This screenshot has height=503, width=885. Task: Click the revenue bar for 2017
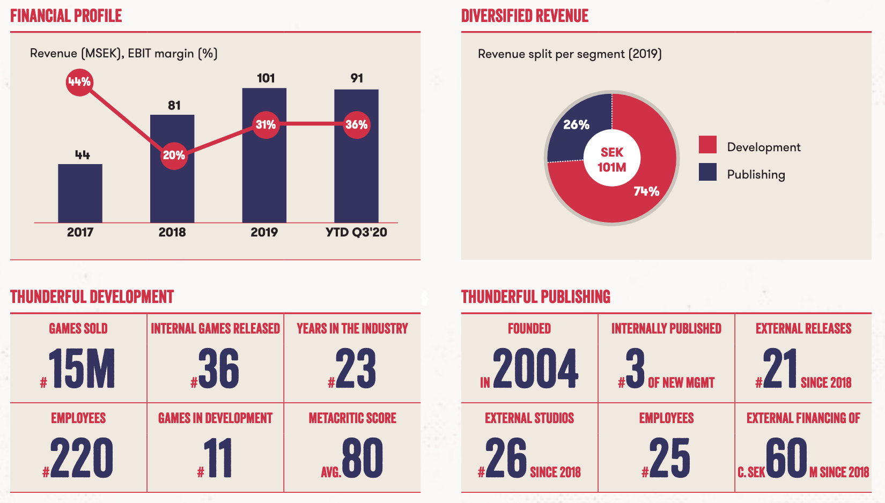(x=80, y=193)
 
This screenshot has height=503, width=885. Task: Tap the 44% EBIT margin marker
(x=79, y=82)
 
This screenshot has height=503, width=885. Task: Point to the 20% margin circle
(x=174, y=156)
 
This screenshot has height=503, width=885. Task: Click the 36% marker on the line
(x=357, y=125)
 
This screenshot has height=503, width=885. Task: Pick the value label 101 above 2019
(x=265, y=78)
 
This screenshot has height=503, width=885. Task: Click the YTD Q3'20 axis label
(x=356, y=232)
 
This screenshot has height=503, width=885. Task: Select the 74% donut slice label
(x=646, y=191)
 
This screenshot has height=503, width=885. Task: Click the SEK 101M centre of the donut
(x=612, y=159)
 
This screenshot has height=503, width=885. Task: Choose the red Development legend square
(x=707, y=145)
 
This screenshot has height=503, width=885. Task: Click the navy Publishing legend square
(x=707, y=172)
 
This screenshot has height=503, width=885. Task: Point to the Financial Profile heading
(x=66, y=16)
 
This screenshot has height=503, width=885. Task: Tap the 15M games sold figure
(x=82, y=368)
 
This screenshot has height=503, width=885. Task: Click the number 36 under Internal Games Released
(x=219, y=368)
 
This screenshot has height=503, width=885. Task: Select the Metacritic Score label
(x=352, y=418)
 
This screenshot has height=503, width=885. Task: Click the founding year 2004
(x=535, y=368)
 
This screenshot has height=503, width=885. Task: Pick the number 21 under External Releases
(x=780, y=368)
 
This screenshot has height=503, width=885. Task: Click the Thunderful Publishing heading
(x=536, y=297)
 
